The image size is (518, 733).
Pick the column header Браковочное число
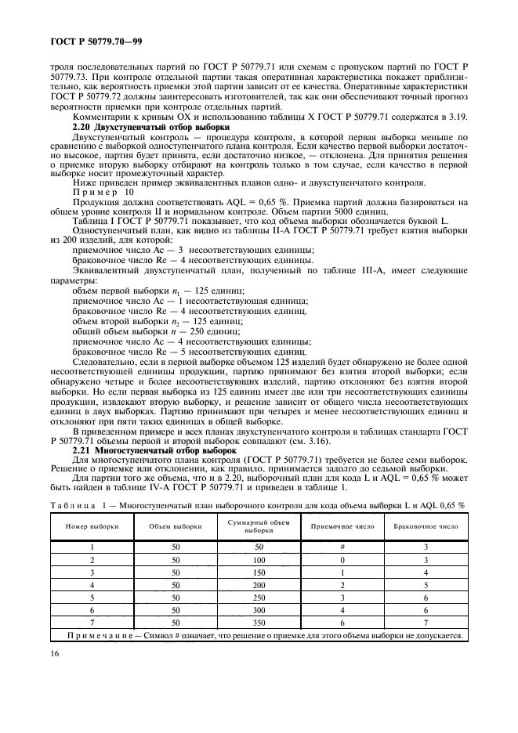426,526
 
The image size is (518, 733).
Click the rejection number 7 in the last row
426,623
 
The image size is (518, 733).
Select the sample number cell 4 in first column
92,585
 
